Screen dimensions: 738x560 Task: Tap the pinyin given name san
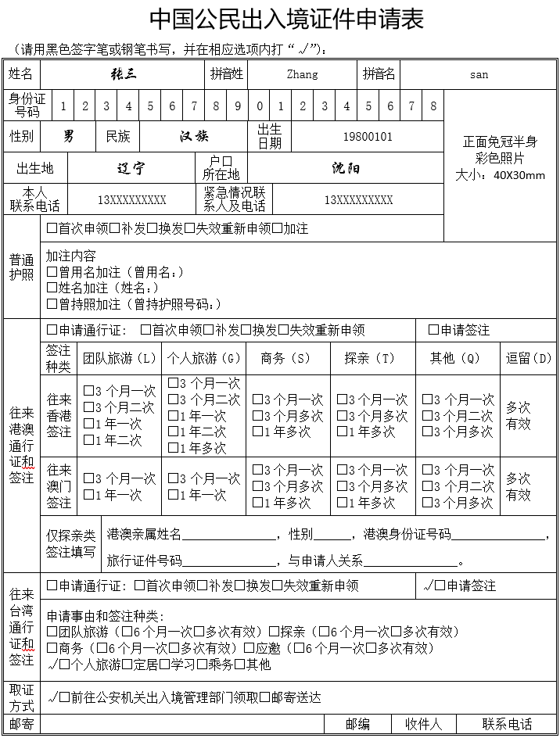pos(479,75)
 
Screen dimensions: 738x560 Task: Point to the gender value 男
pos(69,137)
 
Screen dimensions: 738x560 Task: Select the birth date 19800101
pos(368,137)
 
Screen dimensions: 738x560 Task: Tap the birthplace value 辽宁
pos(131,168)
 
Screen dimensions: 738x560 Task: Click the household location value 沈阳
pos(345,168)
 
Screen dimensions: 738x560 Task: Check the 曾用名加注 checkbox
pos(52,272)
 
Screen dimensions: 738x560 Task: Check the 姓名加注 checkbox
pos(52,288)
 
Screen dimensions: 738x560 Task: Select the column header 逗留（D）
pos(528,358)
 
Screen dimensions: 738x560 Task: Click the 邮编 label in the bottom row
pos(357,725)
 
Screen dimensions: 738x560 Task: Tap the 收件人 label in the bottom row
pos(423,725)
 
